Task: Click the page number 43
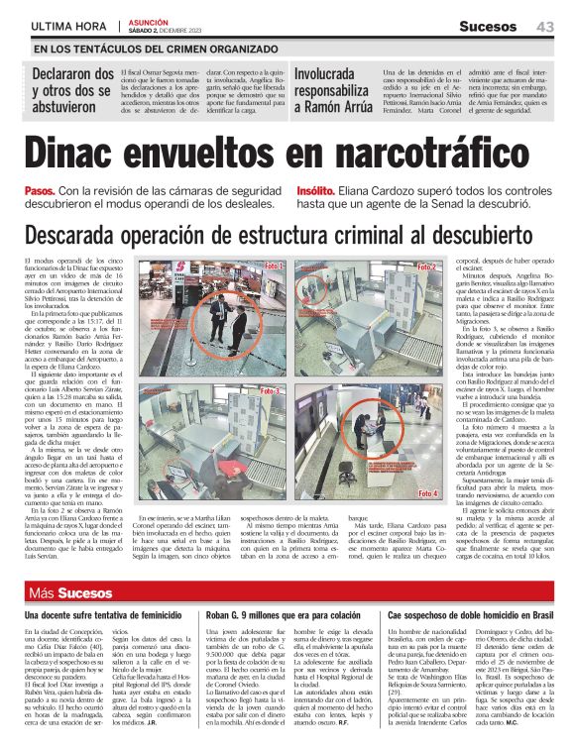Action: (544, 26)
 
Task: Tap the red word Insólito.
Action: (318, 189)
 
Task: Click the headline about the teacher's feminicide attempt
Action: (103, 616)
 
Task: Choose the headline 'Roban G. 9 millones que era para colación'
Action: (285, 616)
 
